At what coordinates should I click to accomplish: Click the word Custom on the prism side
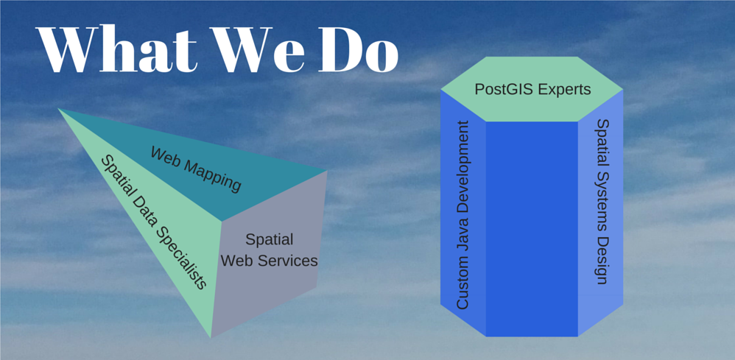(463, 284)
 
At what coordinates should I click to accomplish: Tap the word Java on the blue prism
(463, 239)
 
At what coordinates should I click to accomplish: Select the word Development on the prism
(463, 169)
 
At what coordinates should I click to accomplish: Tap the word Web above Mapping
(166, 156)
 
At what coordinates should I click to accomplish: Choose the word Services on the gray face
(287, 260)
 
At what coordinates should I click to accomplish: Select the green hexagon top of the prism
(532, 89)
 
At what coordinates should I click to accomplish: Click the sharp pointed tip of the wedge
(58, 108)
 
